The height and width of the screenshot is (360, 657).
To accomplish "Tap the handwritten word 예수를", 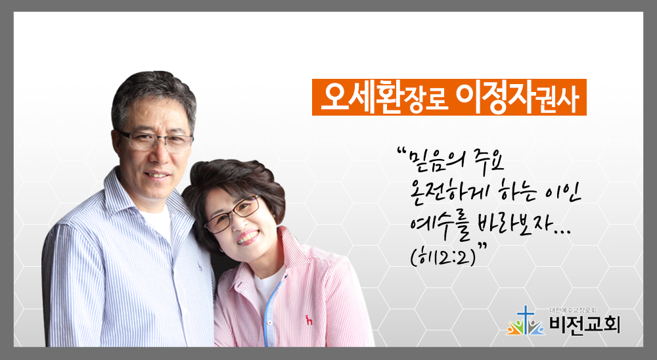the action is pyautogui.click(x=440, y=230).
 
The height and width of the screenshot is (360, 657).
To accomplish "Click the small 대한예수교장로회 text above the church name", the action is pyautogui.click(x=572, y=311).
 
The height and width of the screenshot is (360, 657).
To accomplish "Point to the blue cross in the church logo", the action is pyautogui.click(x=524, y=318).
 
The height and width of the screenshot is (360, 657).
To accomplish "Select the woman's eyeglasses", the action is pyautogui.click(x=233, y=214).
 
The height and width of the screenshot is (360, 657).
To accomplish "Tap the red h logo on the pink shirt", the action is pyautogui.click(x=309, y=320).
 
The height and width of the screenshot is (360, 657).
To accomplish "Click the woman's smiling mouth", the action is pyautogui.click(x=248, y=237).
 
